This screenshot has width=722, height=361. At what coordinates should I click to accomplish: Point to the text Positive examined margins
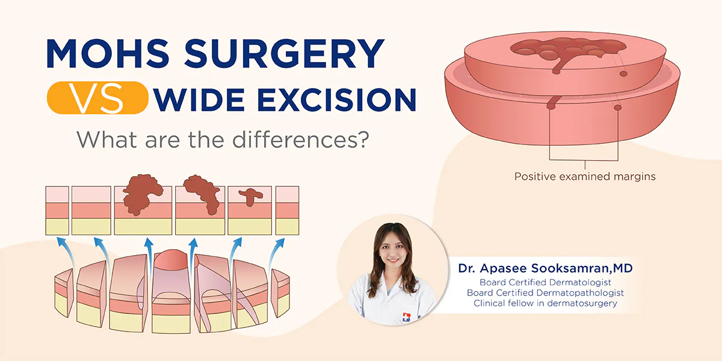(x=584, y=177)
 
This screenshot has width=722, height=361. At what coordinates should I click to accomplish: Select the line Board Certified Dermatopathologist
(x=545, y=292)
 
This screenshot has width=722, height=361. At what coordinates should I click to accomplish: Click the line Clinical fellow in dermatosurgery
(x=545, y=303)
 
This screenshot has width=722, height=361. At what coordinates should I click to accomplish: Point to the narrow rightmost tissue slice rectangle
(x=287, y=210)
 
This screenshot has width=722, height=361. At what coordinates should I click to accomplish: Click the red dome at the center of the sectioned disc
(x=173, y=261)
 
